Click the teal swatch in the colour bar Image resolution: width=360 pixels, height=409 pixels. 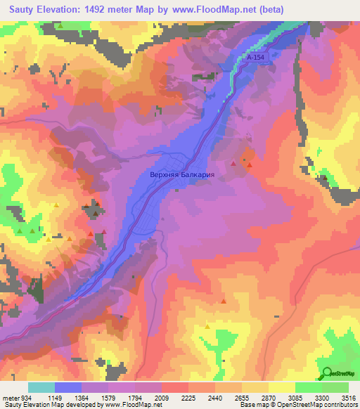[41, 387]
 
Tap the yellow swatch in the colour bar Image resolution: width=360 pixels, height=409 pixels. [281, 387]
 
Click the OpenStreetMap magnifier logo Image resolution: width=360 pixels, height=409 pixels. [327, 372]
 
